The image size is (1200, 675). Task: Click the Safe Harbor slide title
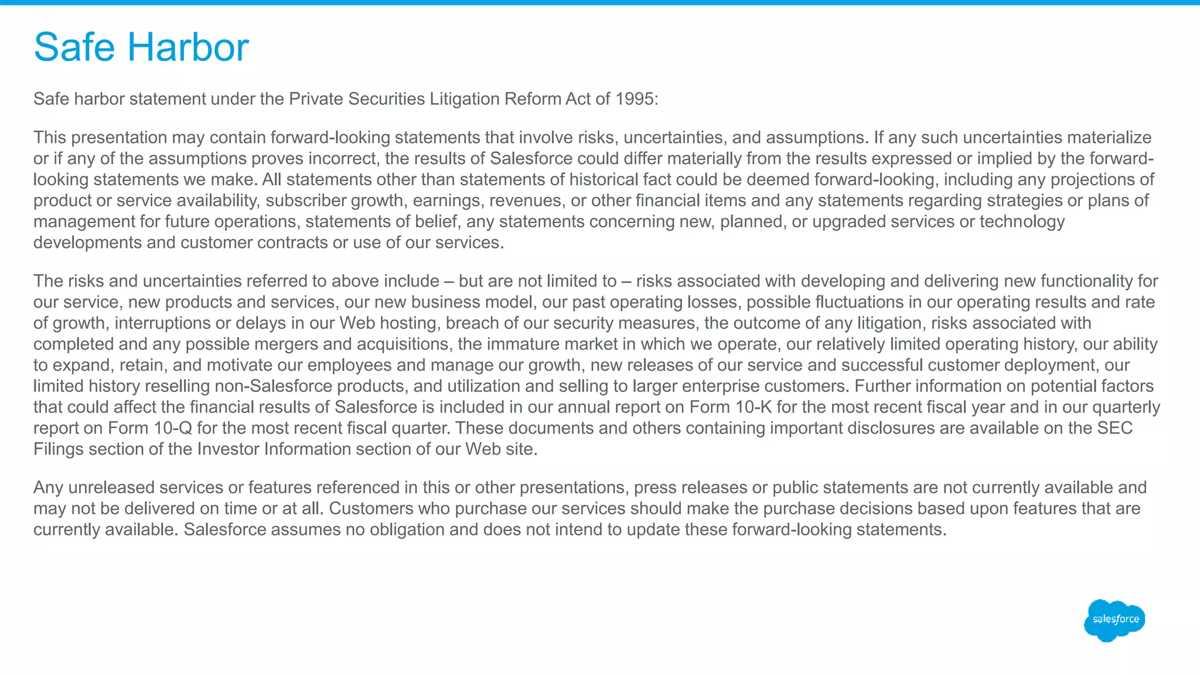(141, 47)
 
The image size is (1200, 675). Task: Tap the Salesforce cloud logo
(1114, 620)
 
